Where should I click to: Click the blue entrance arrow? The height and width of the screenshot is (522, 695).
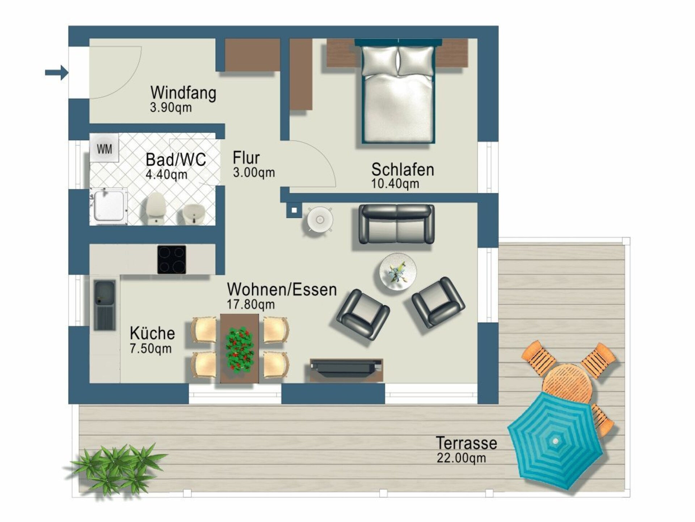[x=57, y=72]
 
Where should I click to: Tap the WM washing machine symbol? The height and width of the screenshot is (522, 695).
[x=104, y=148]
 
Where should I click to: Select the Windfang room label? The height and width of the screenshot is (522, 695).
[x=184, y=93]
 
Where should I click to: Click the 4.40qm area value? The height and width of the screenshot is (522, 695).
[x=167, y=174]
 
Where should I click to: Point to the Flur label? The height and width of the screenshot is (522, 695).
[x=246, y=158]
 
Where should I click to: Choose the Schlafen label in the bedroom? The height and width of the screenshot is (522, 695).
[x=403, y=170]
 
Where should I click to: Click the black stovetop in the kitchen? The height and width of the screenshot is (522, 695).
[x=172, y=260]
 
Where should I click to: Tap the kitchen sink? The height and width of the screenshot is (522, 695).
[x=105, y=305]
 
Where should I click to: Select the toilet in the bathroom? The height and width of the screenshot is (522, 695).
[x=156, y=208]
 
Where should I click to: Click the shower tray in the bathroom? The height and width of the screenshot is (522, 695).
[x=109, y=207]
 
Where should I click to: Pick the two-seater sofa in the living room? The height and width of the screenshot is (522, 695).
[x=397, y=224]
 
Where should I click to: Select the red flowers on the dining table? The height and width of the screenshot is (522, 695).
[x=239, y=350]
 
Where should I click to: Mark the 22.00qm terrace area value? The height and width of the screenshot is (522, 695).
[x=461, y=458]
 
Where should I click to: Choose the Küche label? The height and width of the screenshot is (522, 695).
[x=152, y=333]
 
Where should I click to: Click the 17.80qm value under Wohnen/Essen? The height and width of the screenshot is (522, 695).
[x=250, y=304]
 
